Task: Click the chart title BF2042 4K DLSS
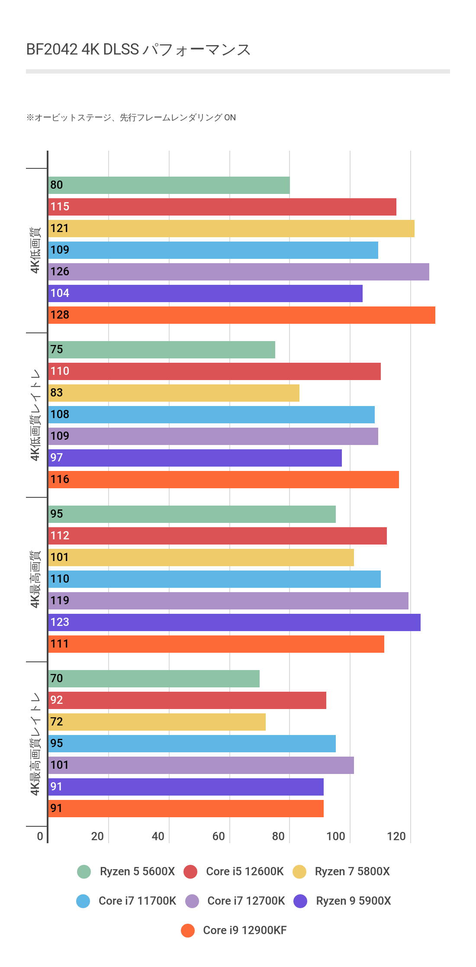138,50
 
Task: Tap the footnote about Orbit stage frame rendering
131,118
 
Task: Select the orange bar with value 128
241,315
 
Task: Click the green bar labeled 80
169,185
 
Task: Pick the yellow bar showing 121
231,229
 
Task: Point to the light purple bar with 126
238,272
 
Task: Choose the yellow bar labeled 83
174,393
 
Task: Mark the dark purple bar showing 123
234,622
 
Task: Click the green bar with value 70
154,679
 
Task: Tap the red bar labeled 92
187,700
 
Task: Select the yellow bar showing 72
157,722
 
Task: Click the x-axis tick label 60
219,836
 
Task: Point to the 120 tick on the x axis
396,836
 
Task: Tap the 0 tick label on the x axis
40,836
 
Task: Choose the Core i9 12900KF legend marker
188,930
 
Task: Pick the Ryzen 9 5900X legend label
353,901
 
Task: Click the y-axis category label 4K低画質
35,250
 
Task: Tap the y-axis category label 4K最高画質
35,579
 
